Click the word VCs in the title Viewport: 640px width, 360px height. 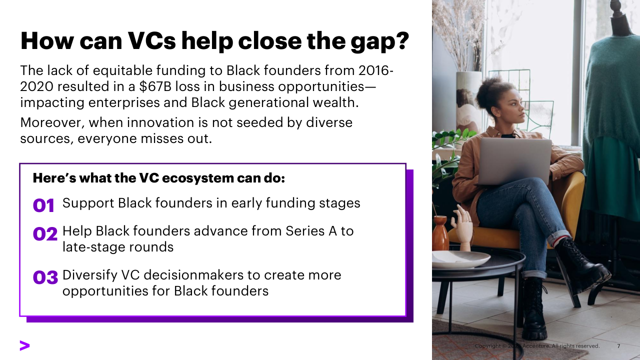151,41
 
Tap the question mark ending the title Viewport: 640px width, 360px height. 403,40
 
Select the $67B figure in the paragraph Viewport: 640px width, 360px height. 155,86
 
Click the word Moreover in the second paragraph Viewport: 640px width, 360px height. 52,123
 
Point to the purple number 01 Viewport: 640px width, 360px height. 43,205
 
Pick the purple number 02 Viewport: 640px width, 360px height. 45,233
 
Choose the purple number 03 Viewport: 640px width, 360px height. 45,277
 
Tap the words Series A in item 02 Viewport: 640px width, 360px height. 311,231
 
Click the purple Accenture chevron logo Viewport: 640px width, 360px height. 24,345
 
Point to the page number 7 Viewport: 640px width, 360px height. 618,346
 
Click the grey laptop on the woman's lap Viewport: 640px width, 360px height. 514,161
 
